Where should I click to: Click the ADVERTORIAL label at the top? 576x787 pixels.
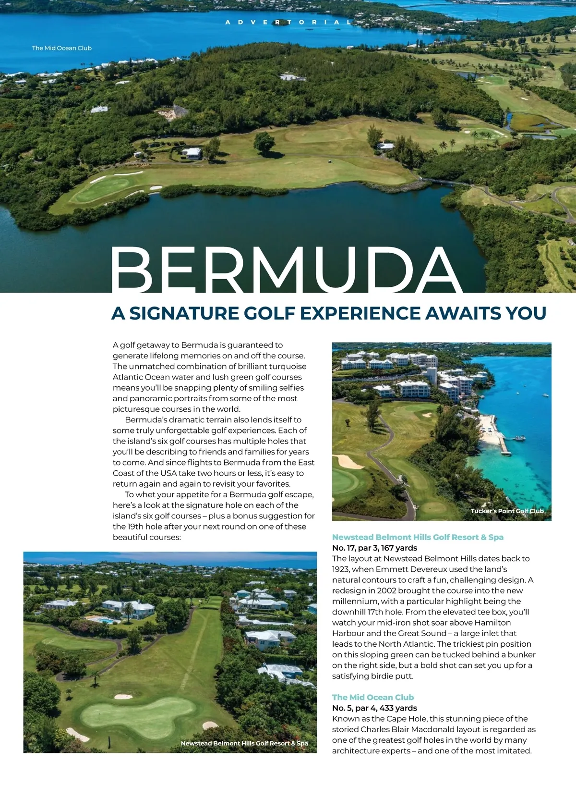(x=288, y=22)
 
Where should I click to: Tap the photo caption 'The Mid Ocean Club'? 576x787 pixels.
(x=62, y=48)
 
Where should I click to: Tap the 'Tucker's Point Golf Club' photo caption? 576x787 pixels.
(x=507, y=511)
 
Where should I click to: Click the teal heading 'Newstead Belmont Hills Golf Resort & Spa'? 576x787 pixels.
(x=418, y=537)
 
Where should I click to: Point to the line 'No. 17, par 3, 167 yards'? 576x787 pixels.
(x=374, y=548)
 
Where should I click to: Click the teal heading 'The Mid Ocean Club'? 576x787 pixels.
(x=373, y=697)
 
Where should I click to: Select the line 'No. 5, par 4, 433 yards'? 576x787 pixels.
(x=374, y=708)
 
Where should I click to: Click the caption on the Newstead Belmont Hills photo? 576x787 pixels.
(x=244, y=743)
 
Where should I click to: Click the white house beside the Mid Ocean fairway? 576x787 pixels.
(x=192, y=153)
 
